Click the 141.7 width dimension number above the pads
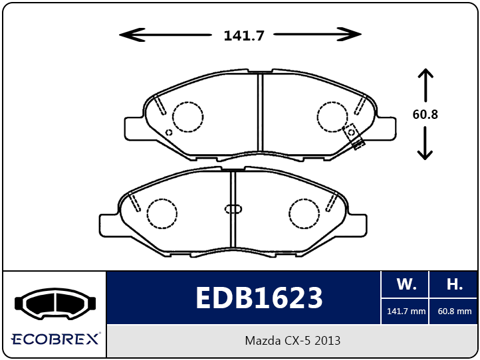tap(244, 35)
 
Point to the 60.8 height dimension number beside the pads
tap(425, 114)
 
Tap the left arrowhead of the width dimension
tap(132, 35)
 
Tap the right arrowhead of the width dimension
tap(349, 35)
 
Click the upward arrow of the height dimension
tap(425, 85)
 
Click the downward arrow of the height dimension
tap(425, 143)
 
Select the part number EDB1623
tap(259, 298)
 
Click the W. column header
tap(406, 284)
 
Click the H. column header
tap(454, 284)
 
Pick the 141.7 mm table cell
tap(406, 312)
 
